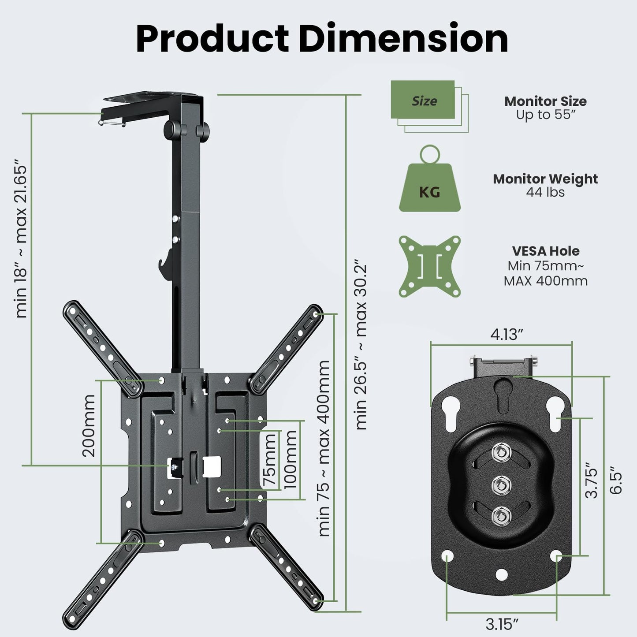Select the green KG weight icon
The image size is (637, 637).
click(429, 185)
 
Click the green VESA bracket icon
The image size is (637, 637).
click(429, 266)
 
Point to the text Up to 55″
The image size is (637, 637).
click(546, 115)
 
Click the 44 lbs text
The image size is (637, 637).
click(545, 192)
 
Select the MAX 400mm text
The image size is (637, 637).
click(545, 281)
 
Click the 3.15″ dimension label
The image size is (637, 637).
click(502, 624)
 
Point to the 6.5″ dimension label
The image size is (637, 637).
click(616, 483)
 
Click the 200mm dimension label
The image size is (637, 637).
click(89, 425)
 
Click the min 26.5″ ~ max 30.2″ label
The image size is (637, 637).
click(361, 346)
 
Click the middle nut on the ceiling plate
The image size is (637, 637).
click(499, 484)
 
